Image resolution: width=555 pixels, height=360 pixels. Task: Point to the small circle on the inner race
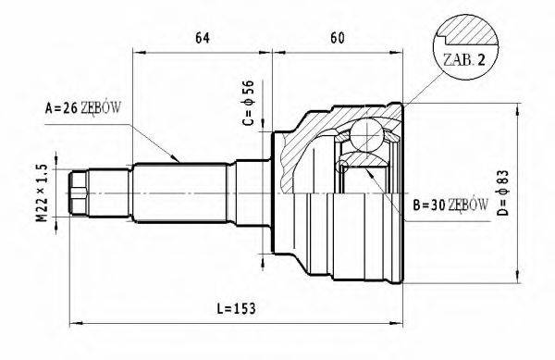[343, 166]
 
